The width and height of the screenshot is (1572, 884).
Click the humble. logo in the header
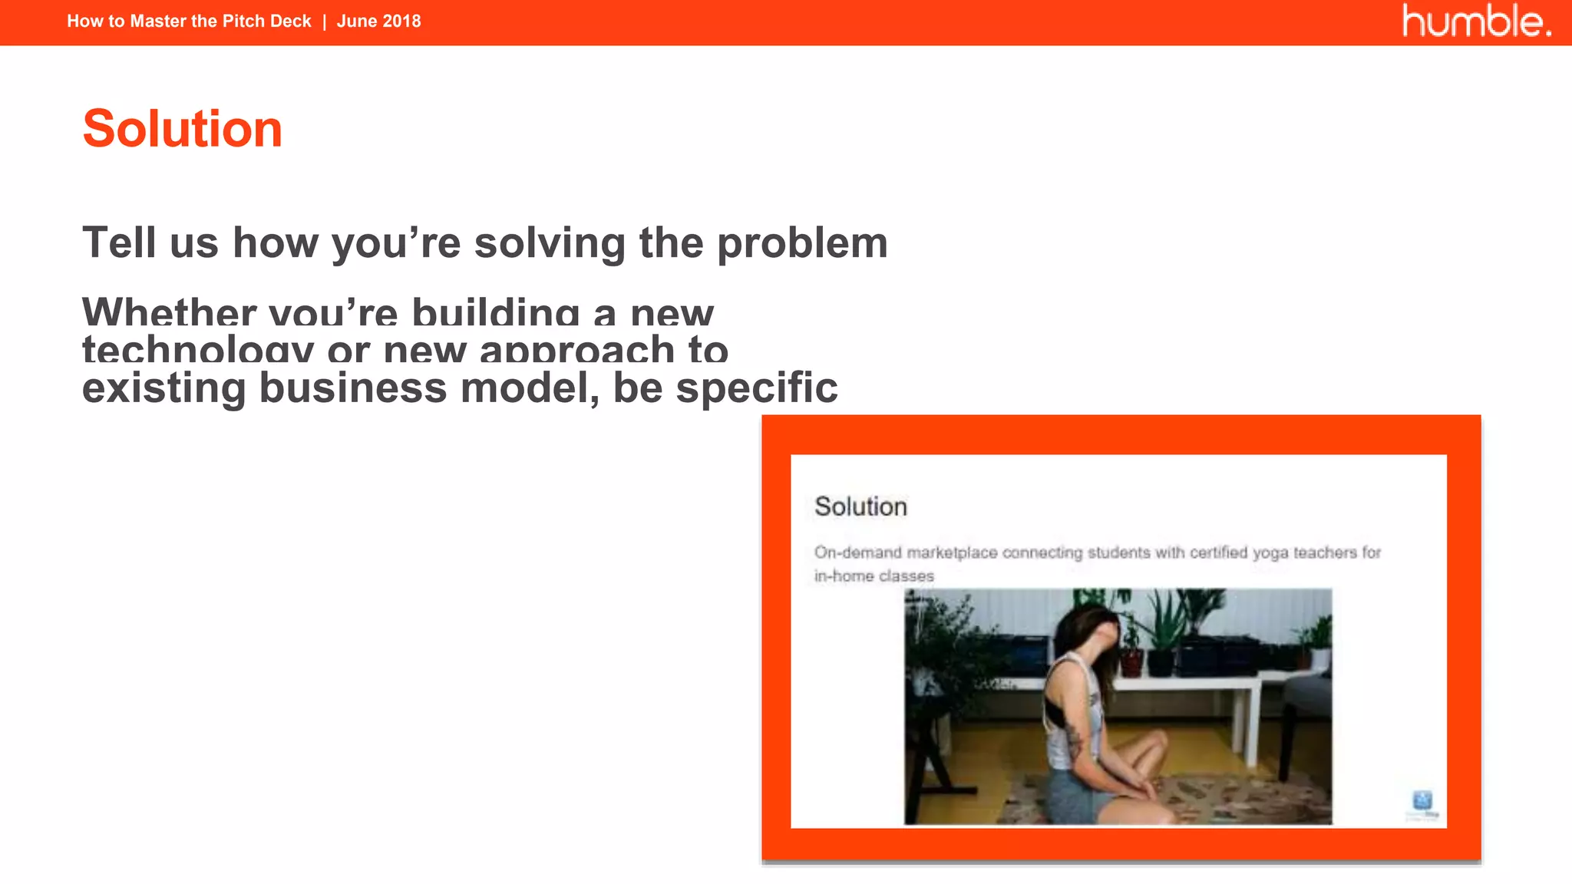point(1475,21)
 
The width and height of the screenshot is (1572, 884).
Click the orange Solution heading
point(183,128)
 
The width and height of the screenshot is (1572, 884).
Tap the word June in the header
point(357,21)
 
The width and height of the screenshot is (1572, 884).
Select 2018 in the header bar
point(401,21)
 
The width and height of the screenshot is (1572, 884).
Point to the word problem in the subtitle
point(802,244)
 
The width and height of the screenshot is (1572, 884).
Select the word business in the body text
point(353,388)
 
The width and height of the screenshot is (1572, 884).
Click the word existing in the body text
point(164,388)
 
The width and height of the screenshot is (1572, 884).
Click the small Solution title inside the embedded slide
point(860,506)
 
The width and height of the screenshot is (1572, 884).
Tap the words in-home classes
point(874,576)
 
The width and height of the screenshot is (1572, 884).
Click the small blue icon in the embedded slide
point(1422,801)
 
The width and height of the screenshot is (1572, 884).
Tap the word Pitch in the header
point(243,21)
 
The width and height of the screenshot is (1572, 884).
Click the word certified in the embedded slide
point(1219,552)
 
